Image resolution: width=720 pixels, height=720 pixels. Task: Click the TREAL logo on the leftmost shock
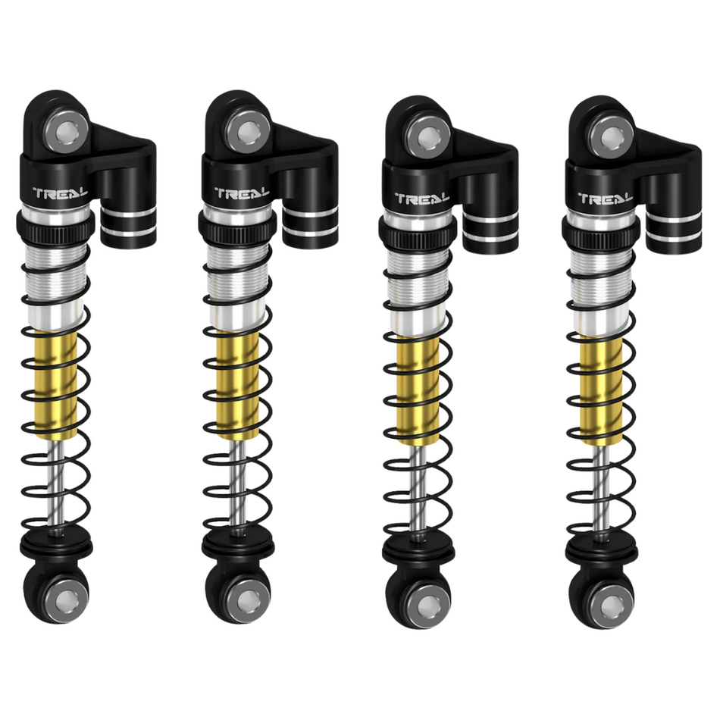pos(61,193)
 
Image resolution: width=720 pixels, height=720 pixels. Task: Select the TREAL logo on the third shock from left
pos(422,199)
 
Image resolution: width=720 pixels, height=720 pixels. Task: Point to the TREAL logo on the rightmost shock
pos(605,199)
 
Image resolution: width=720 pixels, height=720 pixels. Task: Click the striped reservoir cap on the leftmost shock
pos(128,225)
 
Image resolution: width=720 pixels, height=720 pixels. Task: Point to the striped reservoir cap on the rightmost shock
pos(674,230)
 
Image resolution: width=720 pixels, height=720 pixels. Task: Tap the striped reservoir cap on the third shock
pos(490,230)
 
